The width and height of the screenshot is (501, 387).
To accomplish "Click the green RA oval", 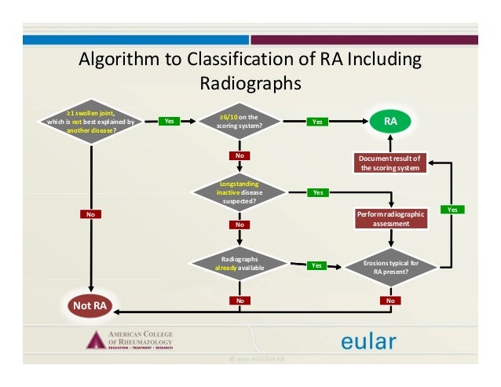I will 390,122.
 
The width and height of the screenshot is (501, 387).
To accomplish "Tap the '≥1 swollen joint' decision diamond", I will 91,122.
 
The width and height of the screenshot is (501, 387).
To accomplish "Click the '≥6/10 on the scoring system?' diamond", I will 240,122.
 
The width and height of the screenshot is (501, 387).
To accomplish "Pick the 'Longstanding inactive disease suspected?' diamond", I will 240,192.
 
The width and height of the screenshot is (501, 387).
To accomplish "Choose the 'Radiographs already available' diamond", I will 240,264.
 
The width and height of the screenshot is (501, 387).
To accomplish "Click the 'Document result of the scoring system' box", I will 390,162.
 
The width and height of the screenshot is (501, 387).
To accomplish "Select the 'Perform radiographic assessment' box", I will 390,218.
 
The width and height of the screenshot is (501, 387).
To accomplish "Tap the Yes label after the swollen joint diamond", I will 169,122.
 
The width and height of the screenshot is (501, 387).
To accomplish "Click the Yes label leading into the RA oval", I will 317,122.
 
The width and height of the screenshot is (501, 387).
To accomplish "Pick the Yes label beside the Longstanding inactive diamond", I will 317,192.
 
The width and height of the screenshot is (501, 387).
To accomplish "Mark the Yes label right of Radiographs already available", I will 316,265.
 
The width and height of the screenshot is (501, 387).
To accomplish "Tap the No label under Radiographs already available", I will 240,301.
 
